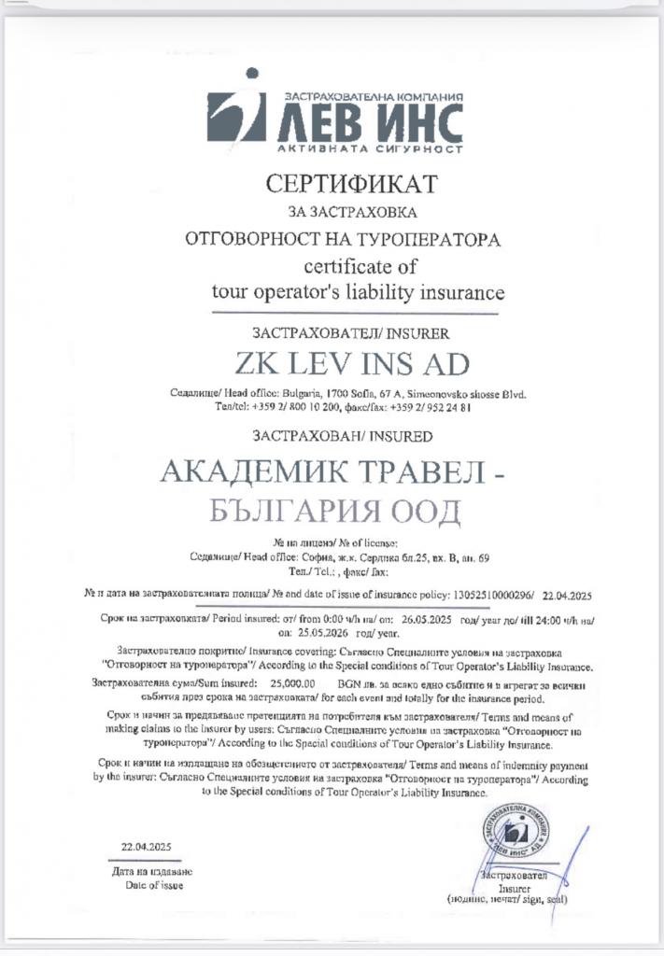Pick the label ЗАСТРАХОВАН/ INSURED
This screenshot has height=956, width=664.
[343, 435]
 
